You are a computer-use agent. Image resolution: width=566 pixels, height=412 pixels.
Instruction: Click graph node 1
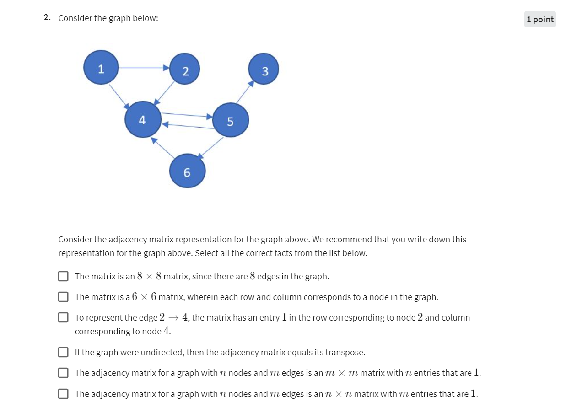101,68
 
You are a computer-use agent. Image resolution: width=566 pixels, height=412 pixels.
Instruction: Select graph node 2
184,69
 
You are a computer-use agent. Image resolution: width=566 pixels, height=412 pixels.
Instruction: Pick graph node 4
143,119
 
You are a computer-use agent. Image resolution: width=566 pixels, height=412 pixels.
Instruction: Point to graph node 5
231,120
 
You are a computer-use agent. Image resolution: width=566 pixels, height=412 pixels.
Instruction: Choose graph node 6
187,171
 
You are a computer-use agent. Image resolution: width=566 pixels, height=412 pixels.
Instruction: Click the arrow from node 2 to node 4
165,93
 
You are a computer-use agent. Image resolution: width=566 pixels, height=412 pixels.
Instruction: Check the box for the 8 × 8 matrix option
63,276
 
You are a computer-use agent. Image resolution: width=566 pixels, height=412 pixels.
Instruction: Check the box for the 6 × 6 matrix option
63,297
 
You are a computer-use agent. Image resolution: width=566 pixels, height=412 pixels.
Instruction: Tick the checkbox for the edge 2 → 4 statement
63,317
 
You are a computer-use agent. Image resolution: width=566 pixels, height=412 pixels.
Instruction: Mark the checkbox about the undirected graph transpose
63,352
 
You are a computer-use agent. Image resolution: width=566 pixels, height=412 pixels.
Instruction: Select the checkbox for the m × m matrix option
63,373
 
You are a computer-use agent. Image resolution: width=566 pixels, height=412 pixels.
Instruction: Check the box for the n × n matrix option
63,394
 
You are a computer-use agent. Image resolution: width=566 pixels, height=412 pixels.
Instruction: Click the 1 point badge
540,19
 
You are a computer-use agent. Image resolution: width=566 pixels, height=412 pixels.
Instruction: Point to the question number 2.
47,18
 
